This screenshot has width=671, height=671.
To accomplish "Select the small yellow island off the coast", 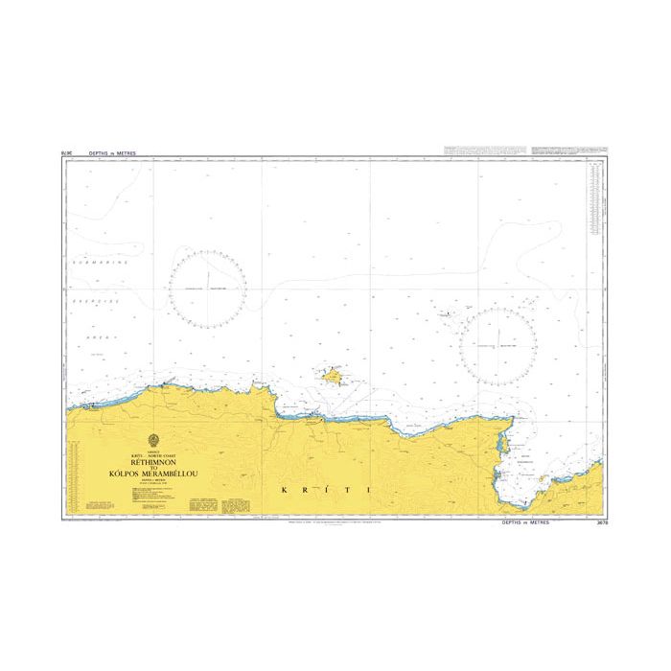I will [334, 377].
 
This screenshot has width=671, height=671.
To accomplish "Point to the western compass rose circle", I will [207, 286].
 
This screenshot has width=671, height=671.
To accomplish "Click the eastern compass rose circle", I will [497, 343].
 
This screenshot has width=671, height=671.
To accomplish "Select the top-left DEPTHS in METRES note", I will [113, 151].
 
